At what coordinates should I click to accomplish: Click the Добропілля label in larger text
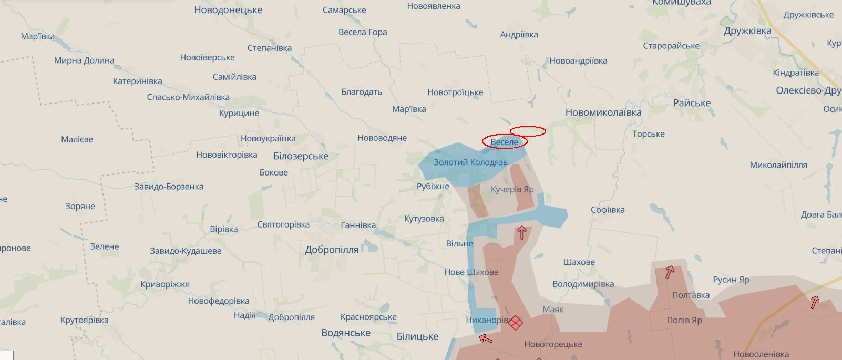[332, 250]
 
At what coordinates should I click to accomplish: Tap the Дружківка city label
[747, 31]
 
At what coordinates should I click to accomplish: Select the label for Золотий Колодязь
[470, 162]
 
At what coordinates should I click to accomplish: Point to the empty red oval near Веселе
[528, 131]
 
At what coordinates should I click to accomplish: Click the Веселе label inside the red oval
[504, 142]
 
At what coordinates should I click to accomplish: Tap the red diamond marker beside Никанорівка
[516, 322]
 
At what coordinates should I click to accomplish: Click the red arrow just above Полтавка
[670, 272]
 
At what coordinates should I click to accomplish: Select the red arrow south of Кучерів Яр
[522, 232]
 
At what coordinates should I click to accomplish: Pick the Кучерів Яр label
[512, 189]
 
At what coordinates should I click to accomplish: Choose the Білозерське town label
[301, 156]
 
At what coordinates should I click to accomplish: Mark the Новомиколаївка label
[603, 112]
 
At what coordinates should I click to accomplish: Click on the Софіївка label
[607, 210]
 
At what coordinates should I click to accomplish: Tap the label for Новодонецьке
[228, 10]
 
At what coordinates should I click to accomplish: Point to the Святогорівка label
[283, 224]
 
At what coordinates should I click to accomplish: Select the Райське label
[691, 103]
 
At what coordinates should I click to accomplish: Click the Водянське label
[345, 333]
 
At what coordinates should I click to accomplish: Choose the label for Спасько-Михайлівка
[188, 97]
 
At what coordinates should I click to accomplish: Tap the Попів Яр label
[684, 320]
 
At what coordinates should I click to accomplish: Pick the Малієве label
[77, 139]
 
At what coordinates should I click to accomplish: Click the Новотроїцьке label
[455, 92]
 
